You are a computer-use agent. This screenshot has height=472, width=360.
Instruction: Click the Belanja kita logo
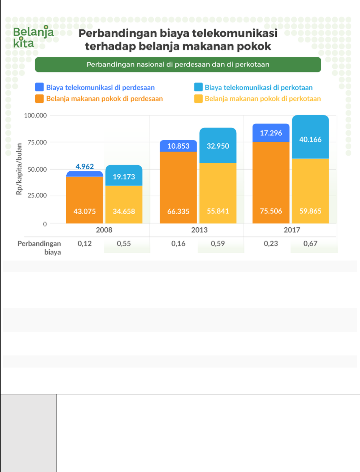(33, 37)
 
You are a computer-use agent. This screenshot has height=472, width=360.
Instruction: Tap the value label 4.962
(85, 166)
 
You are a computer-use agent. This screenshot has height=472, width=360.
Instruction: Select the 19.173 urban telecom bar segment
(124, 176)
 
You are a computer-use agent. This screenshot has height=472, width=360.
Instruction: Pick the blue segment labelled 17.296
(271, 133)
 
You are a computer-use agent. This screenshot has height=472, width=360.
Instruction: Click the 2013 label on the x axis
(199, 230)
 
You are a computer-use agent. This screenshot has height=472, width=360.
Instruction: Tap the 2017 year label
(292, 230)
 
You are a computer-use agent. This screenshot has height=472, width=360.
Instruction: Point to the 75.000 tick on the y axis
(37, 142)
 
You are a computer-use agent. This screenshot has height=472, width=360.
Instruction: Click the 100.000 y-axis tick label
(35, 115)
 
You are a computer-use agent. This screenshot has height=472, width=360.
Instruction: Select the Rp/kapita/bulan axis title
(19, 169)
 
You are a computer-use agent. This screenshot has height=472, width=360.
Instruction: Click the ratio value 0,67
(310, 244)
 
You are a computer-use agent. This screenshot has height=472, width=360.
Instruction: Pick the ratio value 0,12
(85, 244)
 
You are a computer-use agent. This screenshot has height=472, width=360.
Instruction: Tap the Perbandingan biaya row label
(40, 248)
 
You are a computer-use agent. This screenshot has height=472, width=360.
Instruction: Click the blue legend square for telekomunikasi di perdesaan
(39, 87)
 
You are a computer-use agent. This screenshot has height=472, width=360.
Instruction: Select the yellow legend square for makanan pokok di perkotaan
(198, 99)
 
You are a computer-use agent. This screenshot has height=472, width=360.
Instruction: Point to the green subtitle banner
(178, 64)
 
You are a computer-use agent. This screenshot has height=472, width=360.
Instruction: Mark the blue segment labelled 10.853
(178, 146)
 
